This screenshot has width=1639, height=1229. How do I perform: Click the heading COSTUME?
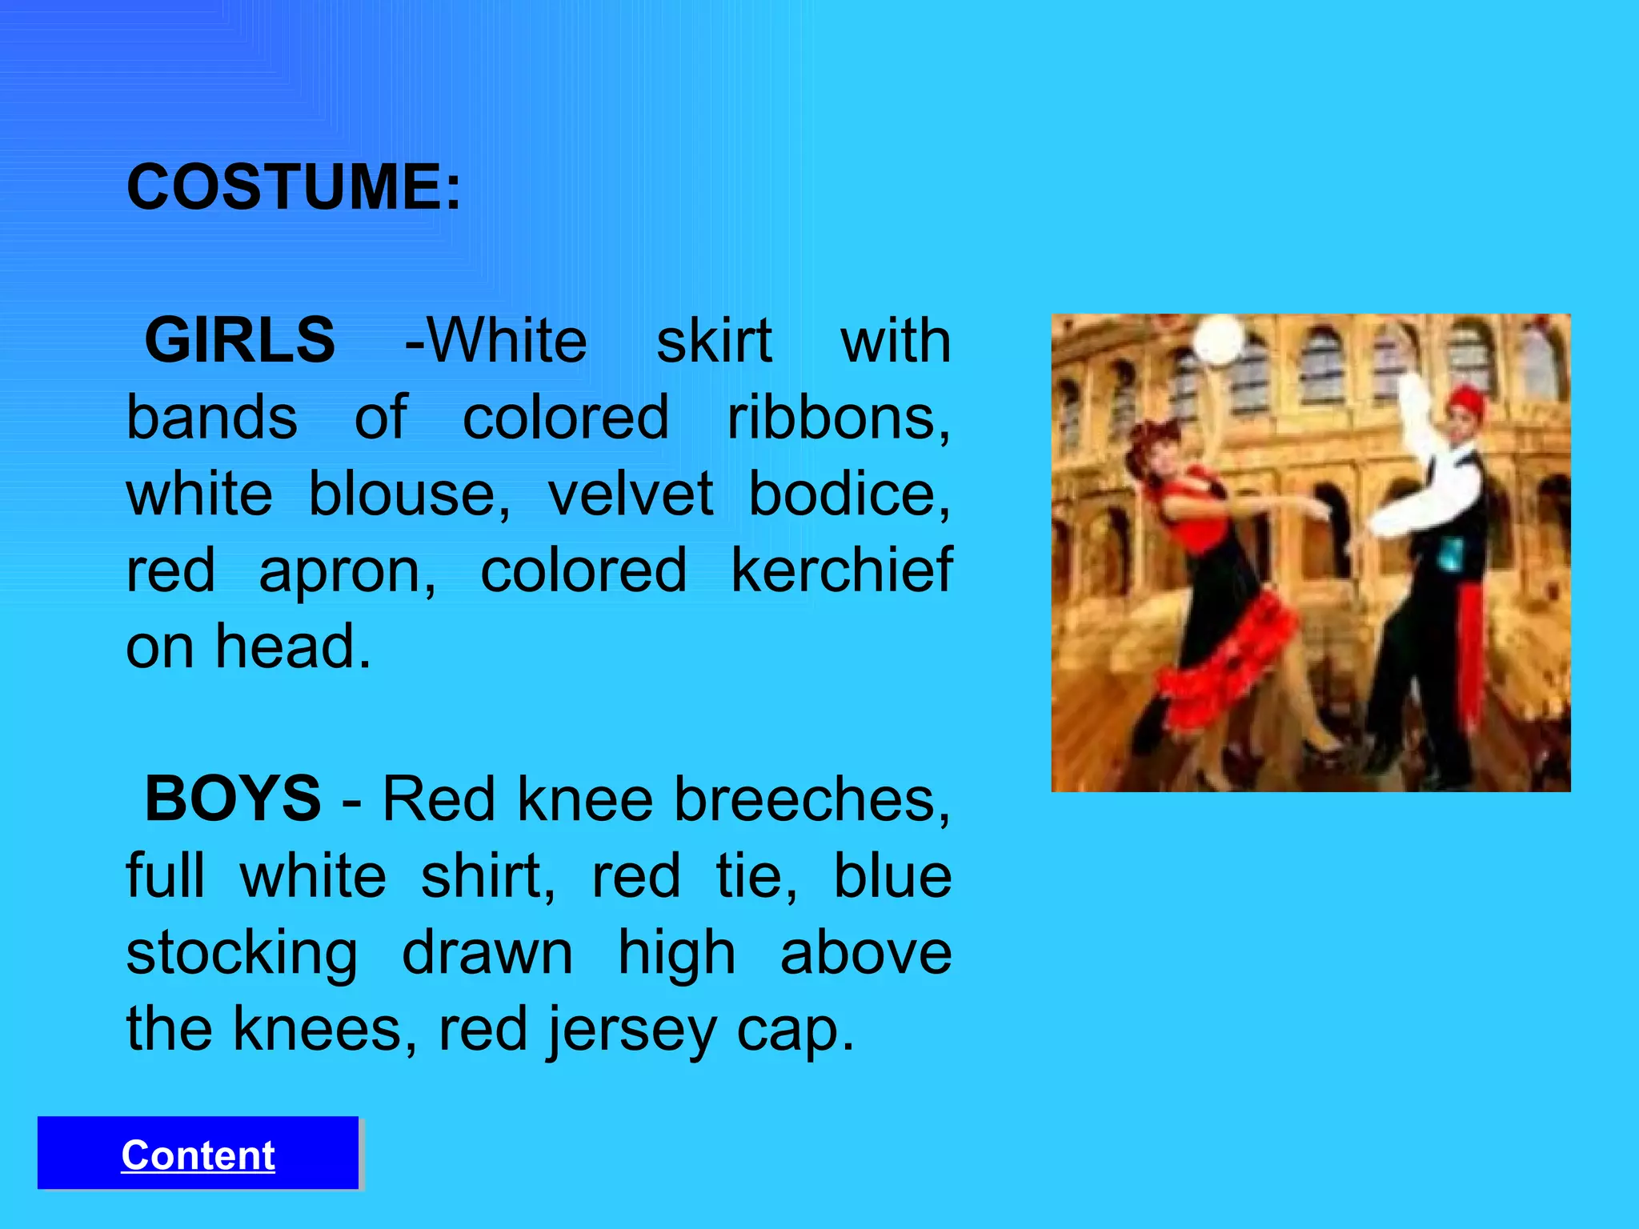coord(294,187)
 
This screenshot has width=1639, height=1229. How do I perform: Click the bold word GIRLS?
coord(239,341)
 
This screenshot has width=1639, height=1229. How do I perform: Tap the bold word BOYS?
coord(233,799)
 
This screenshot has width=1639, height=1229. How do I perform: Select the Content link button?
coord(198,1155)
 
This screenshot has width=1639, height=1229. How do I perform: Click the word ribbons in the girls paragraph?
coord(838,418)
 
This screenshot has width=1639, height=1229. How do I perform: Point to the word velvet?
coord(630,494)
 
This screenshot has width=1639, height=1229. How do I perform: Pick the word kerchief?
coord(841,570)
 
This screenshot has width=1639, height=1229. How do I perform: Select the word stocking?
coord(242,954)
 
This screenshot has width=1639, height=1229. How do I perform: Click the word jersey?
coord(631,1031)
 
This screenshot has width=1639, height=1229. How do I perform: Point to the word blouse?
coord(409,494)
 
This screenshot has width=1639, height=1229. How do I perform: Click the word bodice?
coord(849,494)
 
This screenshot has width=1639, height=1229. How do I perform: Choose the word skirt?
coord(714,341)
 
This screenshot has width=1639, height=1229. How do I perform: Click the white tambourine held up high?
coord(1218,338)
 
